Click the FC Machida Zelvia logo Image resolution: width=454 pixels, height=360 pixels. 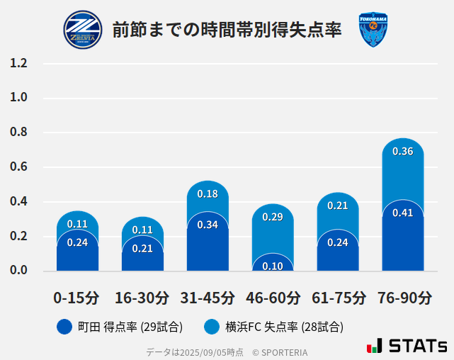point(83,30)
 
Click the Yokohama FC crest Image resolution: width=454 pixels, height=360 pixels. point(373,30)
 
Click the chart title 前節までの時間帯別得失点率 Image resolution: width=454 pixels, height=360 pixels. point(227,30)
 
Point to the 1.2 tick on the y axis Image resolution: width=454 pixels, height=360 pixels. point(18,63)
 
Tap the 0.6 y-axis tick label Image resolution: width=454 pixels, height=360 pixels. point(18,167)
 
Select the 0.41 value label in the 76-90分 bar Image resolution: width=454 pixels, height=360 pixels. point(402,213)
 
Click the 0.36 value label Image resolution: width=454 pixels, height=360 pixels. point(402,151)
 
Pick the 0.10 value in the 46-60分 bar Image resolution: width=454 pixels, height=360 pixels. point(273,266)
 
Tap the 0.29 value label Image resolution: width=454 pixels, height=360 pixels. point(273,217)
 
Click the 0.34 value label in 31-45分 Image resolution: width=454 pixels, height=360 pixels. point(208,225)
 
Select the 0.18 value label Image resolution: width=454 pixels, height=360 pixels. point(208,193)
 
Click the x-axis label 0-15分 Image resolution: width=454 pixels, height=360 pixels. point(77,298)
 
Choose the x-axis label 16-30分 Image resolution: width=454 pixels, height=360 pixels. point(142,298)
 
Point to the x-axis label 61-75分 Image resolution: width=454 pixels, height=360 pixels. point(338,298)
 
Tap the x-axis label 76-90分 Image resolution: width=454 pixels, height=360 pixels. point(403,298)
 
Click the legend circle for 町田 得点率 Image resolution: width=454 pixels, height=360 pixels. point(64,327)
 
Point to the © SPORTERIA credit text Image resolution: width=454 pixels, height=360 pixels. point(280,351)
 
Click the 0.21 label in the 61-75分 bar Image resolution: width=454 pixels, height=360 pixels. point(338,206)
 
